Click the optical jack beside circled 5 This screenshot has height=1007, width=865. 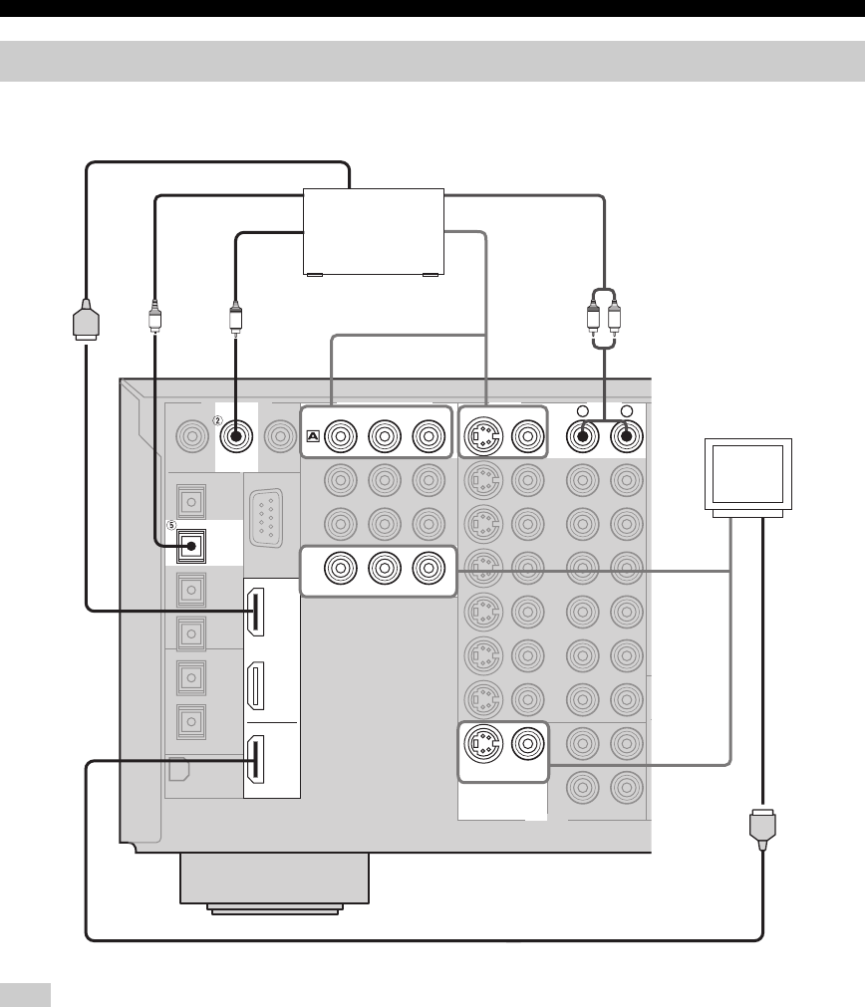point(189,544)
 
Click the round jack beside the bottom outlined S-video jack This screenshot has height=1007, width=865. point(527,743)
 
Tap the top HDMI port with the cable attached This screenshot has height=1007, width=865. point(256,614)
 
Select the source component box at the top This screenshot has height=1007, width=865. point(374,230)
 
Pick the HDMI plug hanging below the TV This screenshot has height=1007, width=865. point(762,830)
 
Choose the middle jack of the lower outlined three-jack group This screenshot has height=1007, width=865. point(385,571)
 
